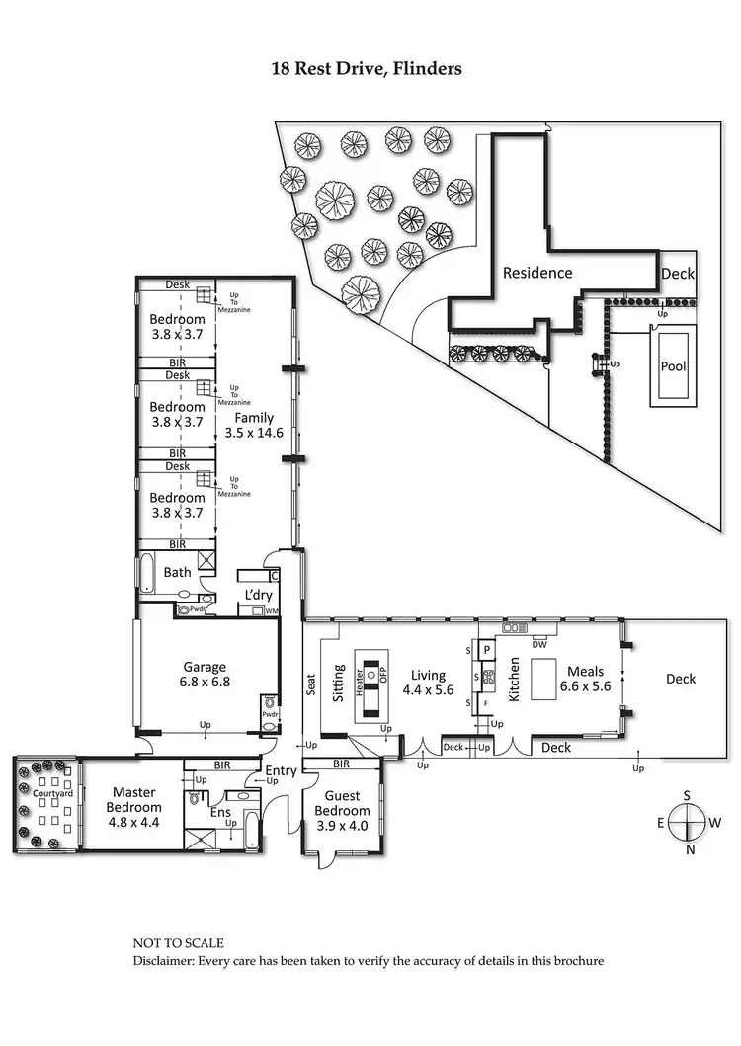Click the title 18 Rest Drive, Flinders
pos(367,69)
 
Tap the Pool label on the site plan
pos(673,365)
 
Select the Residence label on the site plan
pos(537,273)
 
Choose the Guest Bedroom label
pos(341,803)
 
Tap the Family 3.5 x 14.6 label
pos(254,426)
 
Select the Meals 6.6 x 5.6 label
pos(586,680)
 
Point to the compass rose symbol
pos(690,821)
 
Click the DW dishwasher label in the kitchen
pos(539,644)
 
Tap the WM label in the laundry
pos(271,612)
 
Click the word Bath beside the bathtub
pos(178,572)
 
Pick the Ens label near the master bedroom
pos(220,812)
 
